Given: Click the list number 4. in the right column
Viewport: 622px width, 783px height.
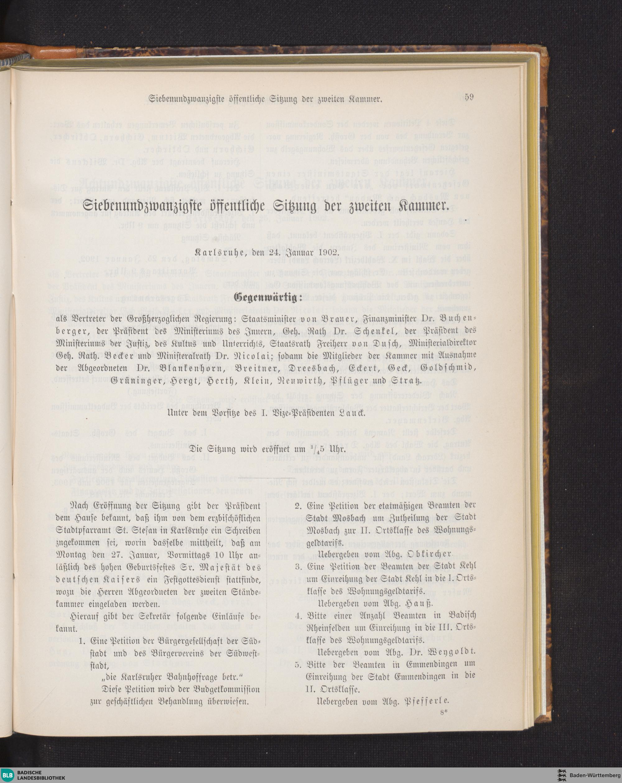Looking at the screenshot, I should [299, 616].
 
